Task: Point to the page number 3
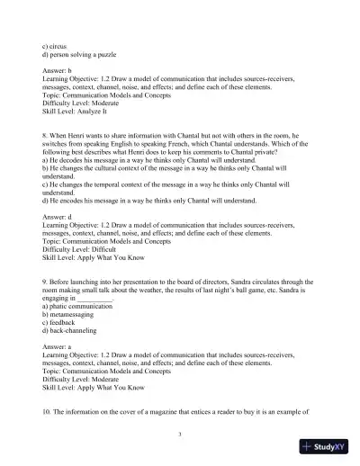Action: [180, 435]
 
